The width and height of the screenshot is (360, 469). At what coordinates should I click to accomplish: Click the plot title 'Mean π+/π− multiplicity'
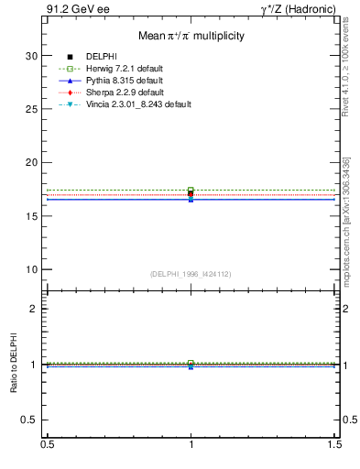point(191,37)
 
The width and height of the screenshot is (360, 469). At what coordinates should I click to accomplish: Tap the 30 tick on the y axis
point(32,56)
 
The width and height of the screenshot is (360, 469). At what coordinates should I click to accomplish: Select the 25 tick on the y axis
point(32,109)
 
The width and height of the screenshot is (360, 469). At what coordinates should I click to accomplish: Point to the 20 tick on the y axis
point(32,162)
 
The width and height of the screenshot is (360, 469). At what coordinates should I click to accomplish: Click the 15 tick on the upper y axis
point(32,216)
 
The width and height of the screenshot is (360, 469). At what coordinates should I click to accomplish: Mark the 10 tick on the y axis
point(32,269)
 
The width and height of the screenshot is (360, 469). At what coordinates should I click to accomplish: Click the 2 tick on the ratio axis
point(34,309)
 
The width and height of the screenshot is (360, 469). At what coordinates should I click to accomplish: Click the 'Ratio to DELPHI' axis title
point(14,364)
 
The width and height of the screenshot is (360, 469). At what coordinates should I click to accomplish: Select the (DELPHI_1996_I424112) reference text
point(191,273)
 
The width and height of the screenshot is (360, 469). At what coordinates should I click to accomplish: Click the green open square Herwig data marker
point(191,190)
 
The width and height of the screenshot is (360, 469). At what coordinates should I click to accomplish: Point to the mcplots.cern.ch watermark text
point(346,238)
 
